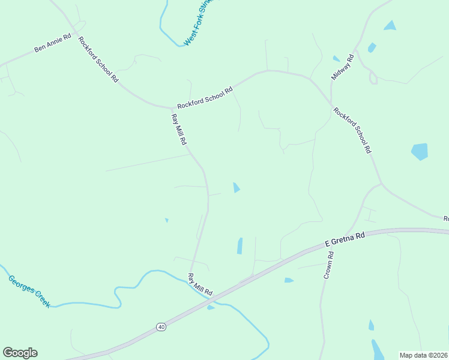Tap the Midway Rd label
pos(343,67)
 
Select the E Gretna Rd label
pos(345,239)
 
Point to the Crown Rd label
pos(328,265)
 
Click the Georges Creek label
pos(29,291)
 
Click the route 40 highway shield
pos(161,326)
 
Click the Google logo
pos(20,353)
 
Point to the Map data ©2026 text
pos(423,355)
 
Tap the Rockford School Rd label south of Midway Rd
pos(352,130)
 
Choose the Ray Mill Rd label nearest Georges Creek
pos(200,284)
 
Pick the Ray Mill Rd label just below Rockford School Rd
pos(179,130)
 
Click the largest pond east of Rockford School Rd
pos(420,151)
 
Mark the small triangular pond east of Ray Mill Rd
pos(237,188)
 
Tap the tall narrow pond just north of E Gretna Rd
pos(240,246)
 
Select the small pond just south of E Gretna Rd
pos(289,280)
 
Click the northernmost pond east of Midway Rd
pos(390,25)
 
